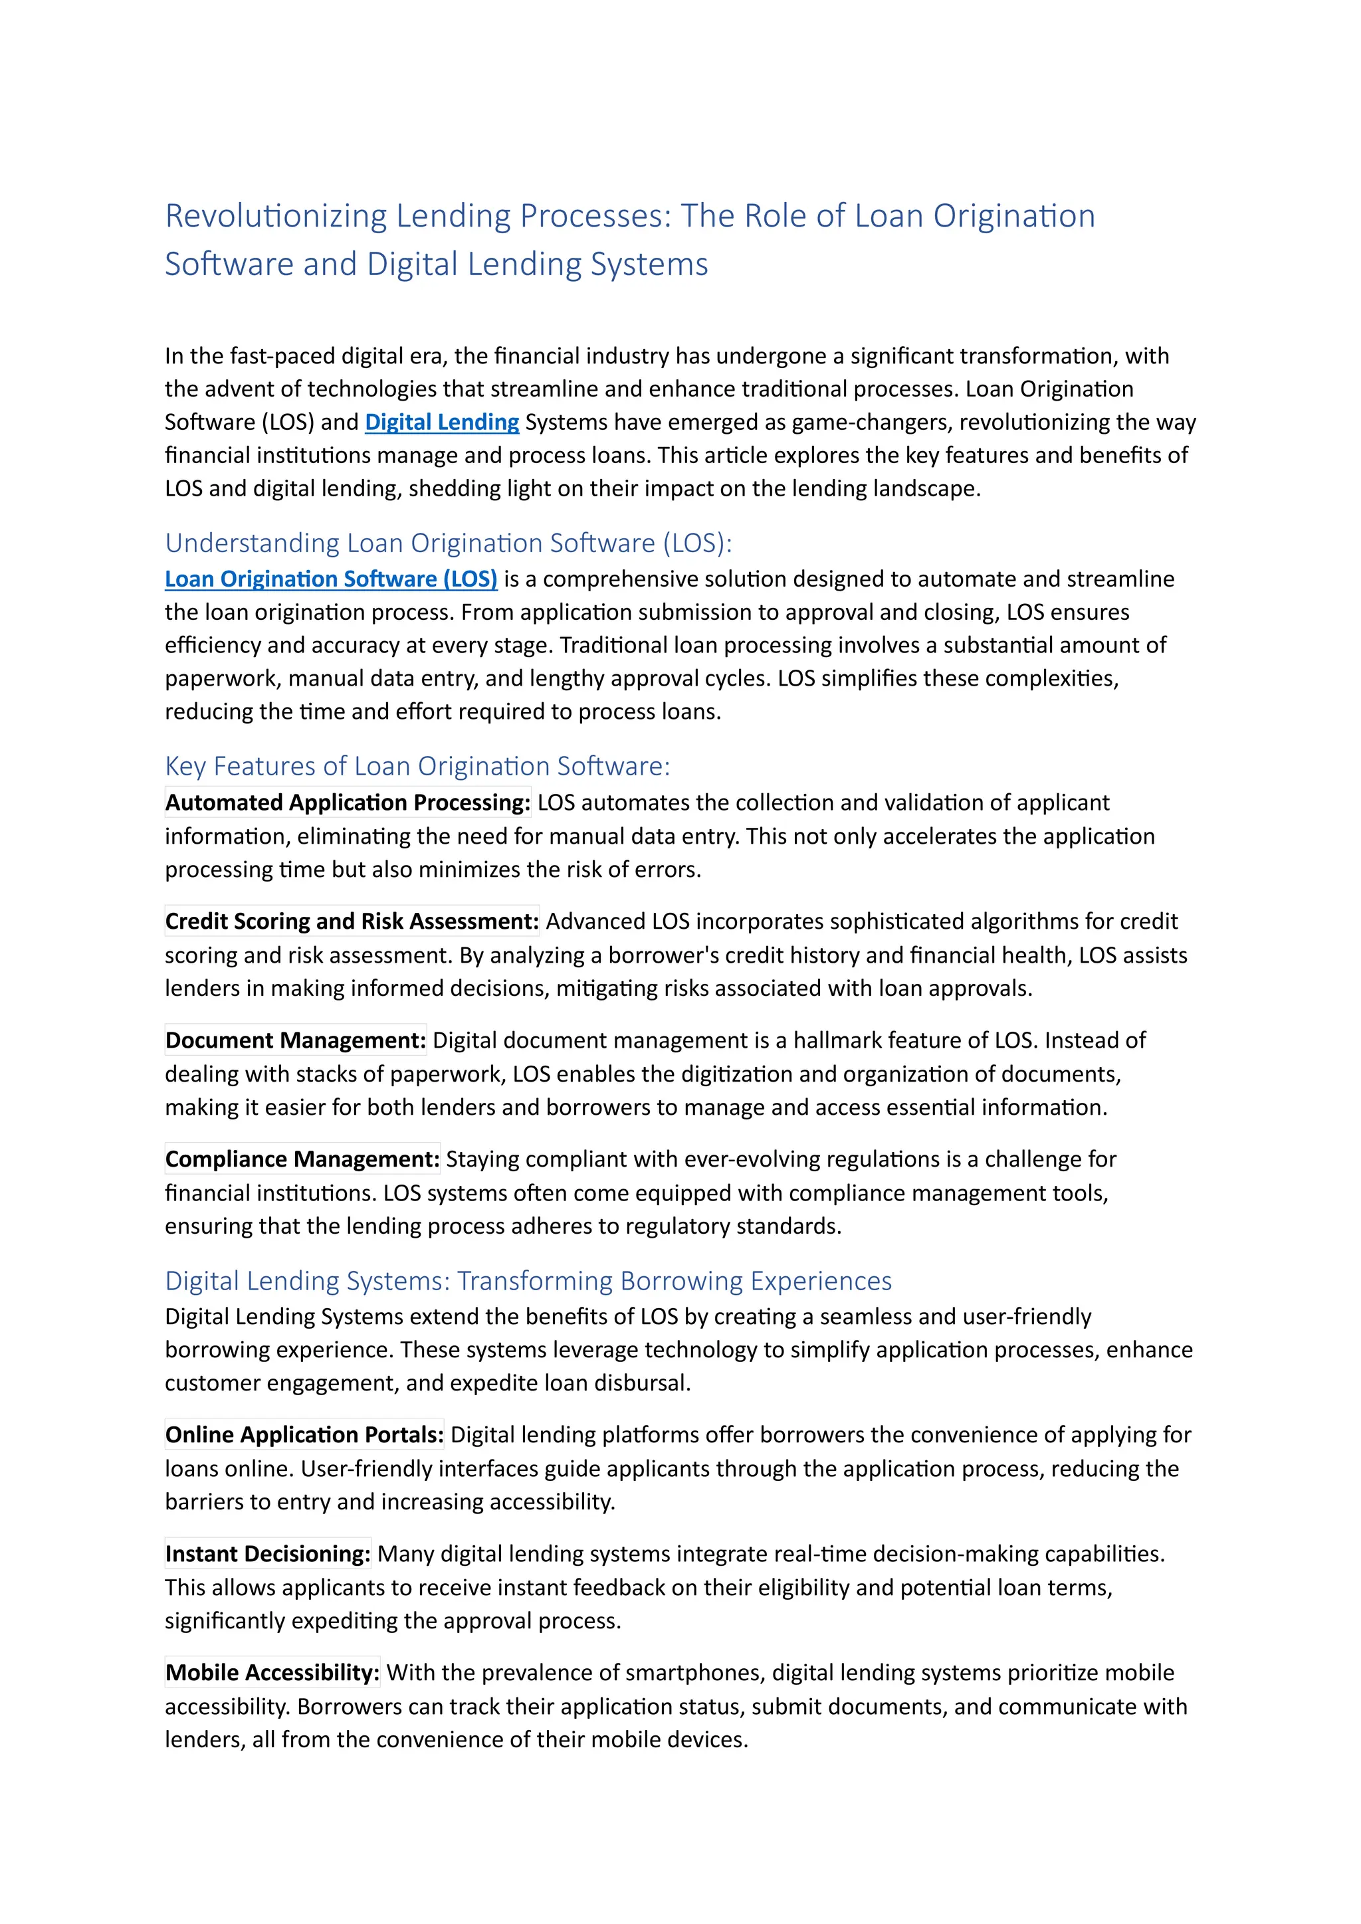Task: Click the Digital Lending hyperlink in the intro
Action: point(442,423)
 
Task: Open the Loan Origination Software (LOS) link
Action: point(331,579)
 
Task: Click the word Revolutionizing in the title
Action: point(276,216)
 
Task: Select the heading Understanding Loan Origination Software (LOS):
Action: point(449,543)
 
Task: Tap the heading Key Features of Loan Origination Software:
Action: point(417,766)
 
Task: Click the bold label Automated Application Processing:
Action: point(348,803)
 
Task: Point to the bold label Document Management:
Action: point(296,1041)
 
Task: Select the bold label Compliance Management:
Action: point(302,1160)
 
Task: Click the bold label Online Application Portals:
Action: point(304,1436)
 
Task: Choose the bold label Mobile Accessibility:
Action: point(272,1674)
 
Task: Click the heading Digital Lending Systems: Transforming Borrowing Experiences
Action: point(528,1282)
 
